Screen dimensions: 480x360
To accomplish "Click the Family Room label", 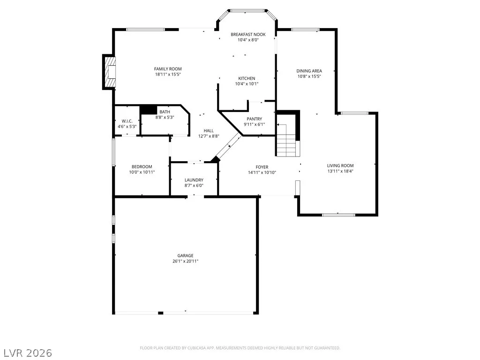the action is coord(168,69).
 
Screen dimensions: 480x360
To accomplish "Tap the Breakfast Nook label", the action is coord(248,35).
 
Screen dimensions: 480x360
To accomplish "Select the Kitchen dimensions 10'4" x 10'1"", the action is coord(247,84).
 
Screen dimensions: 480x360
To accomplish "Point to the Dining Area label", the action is coord(309,71).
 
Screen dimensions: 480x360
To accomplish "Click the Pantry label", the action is coord(255,119).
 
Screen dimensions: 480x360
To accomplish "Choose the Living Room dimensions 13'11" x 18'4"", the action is coord(340,171).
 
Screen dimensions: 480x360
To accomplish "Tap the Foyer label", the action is coord(262,167).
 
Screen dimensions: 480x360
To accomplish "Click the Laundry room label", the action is coord(194,180).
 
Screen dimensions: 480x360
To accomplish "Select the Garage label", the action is coord(186,255).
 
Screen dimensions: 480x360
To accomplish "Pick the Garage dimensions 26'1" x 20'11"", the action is coord(186,261).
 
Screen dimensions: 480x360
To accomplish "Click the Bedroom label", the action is coord(142,167).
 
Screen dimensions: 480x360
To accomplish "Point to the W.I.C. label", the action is coord(127,121).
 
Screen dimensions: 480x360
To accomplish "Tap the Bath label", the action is coord(165,112).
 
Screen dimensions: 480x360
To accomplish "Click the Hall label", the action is coord(209,131).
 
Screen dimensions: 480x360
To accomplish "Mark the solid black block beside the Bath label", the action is coord(149,110).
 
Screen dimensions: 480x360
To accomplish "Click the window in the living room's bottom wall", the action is coord(338,215).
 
